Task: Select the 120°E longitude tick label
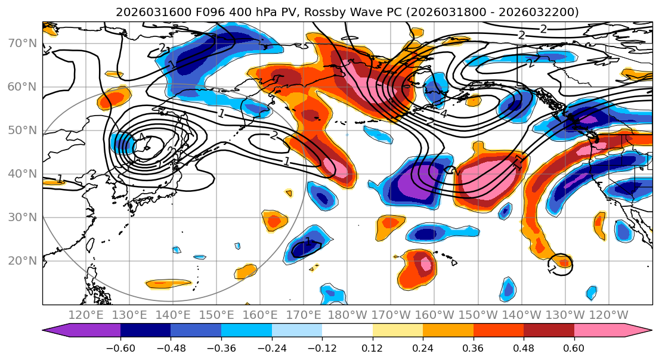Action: (86, 315)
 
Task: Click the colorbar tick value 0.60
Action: (574, 347)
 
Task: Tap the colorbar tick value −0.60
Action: (120, 347)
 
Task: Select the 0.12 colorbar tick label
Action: (372, 347)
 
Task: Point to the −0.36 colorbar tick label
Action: (221, 347)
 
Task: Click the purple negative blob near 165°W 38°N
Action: (412, 182)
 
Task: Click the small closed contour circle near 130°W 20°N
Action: (561, 262)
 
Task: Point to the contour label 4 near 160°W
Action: (443, 113)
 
